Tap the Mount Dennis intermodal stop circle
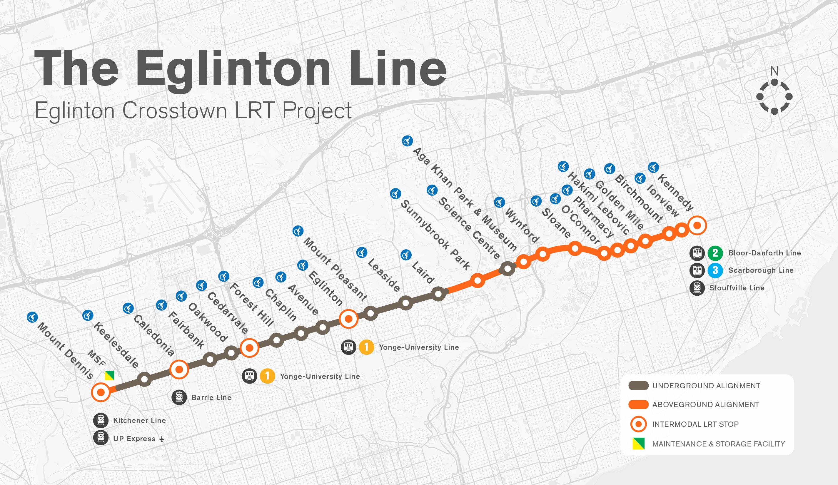pos(101,392)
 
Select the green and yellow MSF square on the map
pos(109,375)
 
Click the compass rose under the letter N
pos(774,97)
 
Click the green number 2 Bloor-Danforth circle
pos(715,253)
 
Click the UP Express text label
pos(134,439)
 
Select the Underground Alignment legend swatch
pos(638,386)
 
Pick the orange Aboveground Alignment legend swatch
pos(638,404)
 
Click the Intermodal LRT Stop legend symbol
pos(638,424)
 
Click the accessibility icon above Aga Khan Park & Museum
pos(406,141)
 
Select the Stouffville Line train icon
pos(697,288)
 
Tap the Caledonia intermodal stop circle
pos(179,369)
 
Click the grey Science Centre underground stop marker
pos(508,269)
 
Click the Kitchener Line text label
pos(139,421)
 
